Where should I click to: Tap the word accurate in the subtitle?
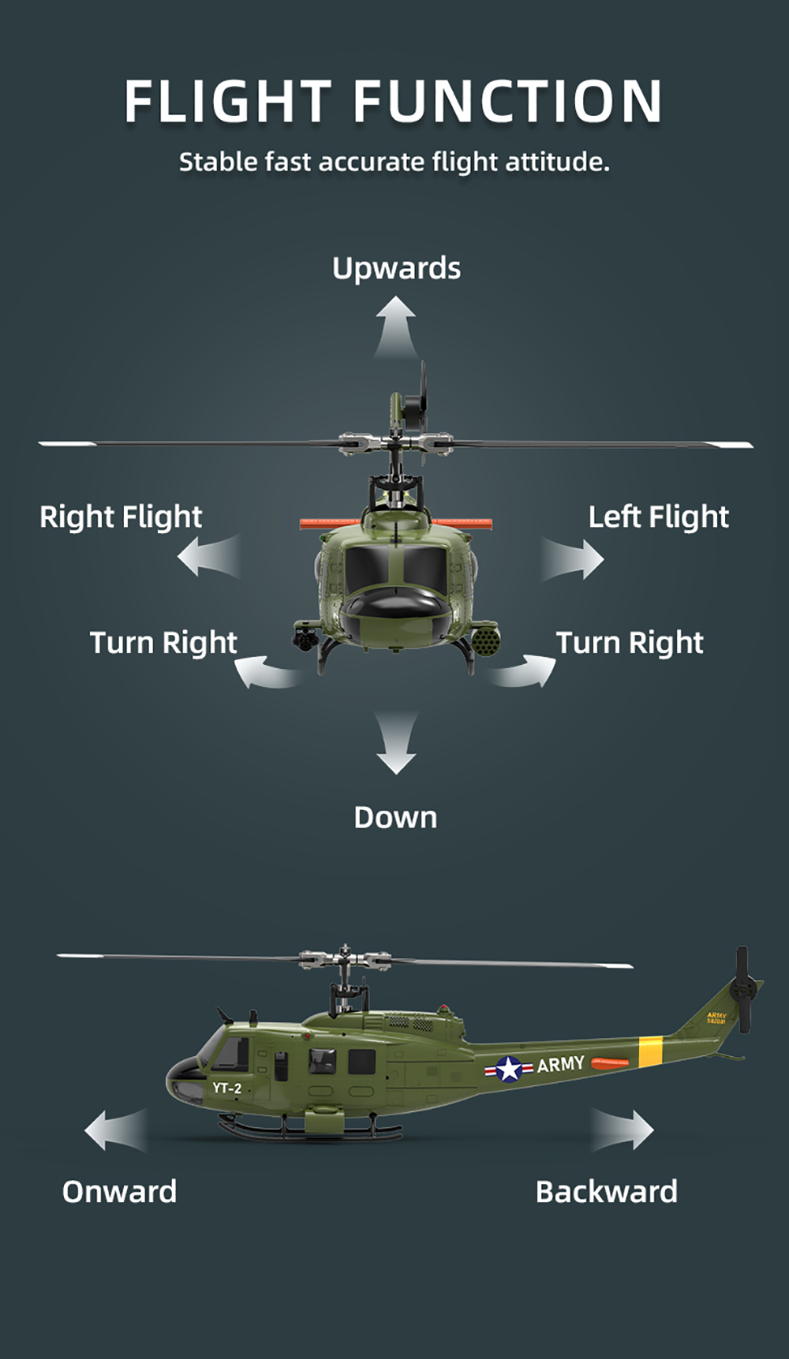pos(371,162)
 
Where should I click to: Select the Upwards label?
pos(396,268)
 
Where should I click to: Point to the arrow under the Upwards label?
pos(395,327)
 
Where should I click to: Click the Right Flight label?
pos(121,517)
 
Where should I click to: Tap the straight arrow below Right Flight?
pos(209,556)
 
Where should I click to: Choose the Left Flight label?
pos(659,517)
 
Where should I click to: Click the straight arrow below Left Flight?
pos(573,559)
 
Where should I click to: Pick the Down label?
pos(395,817)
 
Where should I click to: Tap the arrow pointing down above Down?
pos(396,743)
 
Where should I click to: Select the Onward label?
pos(119,1192)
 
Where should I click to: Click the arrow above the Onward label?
pos(116,1129)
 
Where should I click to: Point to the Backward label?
pos(606,1192)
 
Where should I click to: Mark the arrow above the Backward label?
pos(623,1129)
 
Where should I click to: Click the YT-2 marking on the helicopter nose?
pos(226,1088)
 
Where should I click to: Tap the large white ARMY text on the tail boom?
pos(561,1064)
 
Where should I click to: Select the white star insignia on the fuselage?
pos(509,1070)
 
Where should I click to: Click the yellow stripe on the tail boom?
pos(650,1052)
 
